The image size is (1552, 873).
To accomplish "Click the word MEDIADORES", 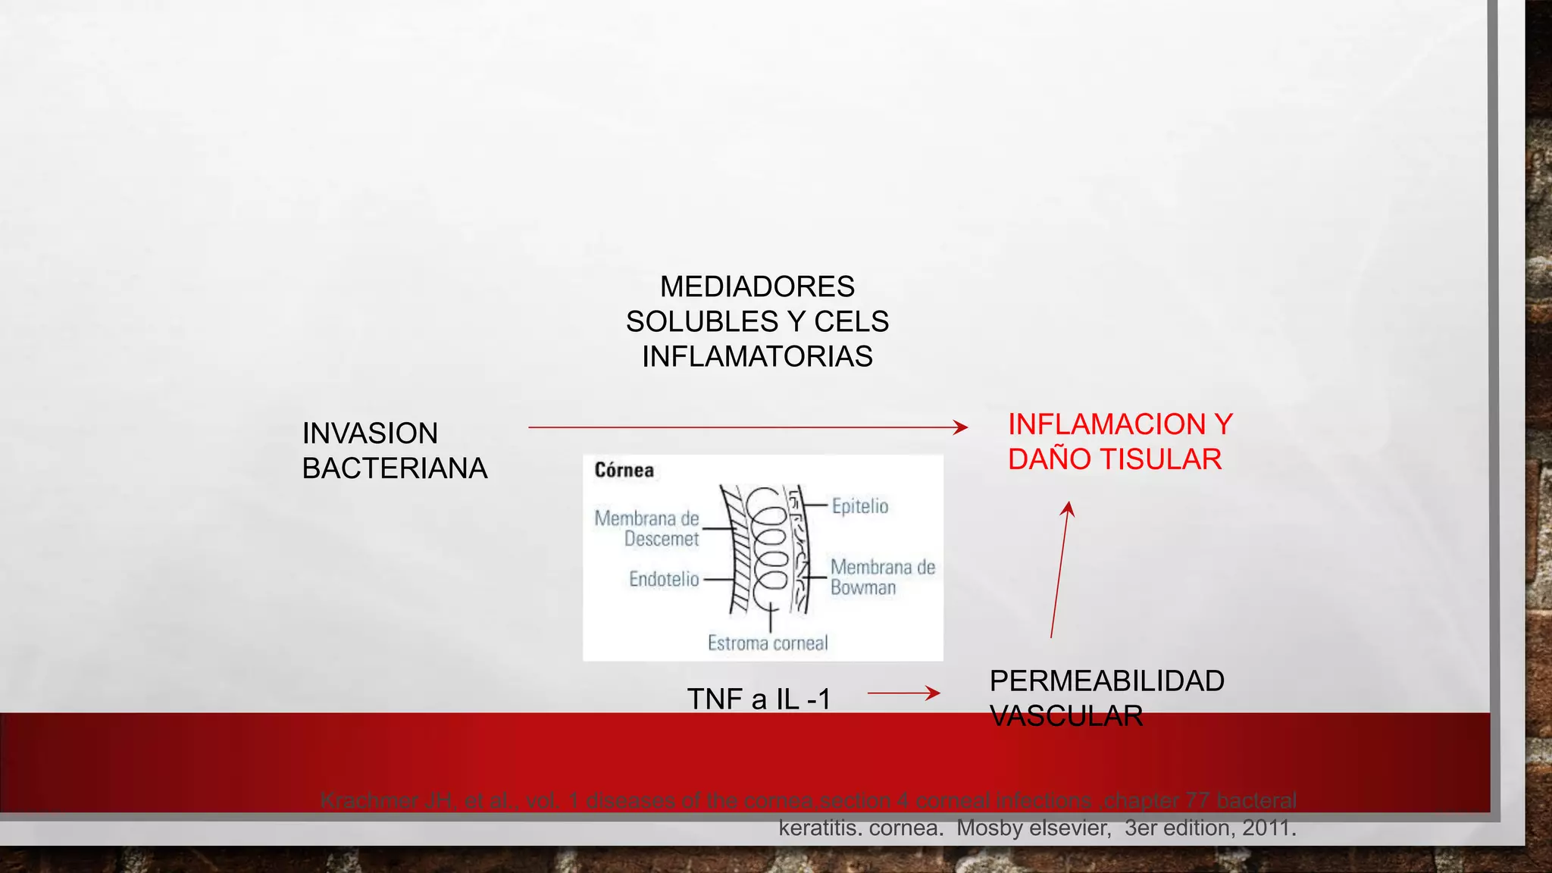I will (x=757, y=287).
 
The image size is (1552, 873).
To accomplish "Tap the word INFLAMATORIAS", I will (x=757, y=357).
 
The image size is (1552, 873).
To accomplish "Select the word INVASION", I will (x=370, y=434).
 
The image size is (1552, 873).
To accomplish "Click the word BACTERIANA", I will (x=394, y=469).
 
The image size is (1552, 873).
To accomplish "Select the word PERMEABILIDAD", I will (x=1106, y=681).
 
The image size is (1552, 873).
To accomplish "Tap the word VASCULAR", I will (x=1065, y=716).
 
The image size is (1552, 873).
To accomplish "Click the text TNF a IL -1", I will (x=759, y=699).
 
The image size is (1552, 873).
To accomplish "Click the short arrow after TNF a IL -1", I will (x=903, y=693).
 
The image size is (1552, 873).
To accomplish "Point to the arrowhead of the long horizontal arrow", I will (x=961, y=427).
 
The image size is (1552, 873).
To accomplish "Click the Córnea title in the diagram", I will (x=624, y=471).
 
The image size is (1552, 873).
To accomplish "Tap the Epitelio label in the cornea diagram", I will (x=859, y=506).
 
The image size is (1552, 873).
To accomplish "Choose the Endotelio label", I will (x=664, y=580).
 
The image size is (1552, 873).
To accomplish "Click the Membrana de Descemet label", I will (x=646, y=529).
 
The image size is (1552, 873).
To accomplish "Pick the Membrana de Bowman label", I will (x=882, y=577).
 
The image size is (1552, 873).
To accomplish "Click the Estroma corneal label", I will (x=767, y=643).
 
